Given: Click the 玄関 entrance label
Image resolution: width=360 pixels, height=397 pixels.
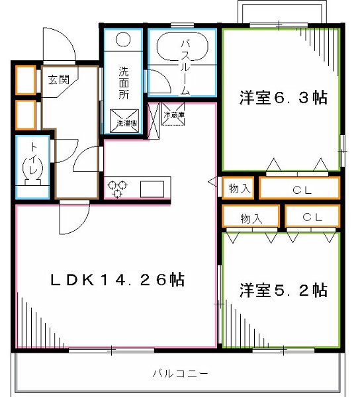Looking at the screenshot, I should [x=58, y=79].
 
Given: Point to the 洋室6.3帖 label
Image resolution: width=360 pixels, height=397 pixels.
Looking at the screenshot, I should [x=283, y=99].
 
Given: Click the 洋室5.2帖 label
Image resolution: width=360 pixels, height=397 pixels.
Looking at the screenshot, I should [x=283, y=290].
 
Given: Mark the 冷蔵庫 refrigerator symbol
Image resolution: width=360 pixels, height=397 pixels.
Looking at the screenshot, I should [x=174, y=115].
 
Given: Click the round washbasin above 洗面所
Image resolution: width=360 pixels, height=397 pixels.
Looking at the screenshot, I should [x=124, y=40].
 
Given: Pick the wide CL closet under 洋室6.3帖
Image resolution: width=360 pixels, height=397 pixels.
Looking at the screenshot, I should [x=299, y=189].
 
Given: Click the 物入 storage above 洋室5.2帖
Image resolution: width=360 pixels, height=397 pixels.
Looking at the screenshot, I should [x=251, y=217].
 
